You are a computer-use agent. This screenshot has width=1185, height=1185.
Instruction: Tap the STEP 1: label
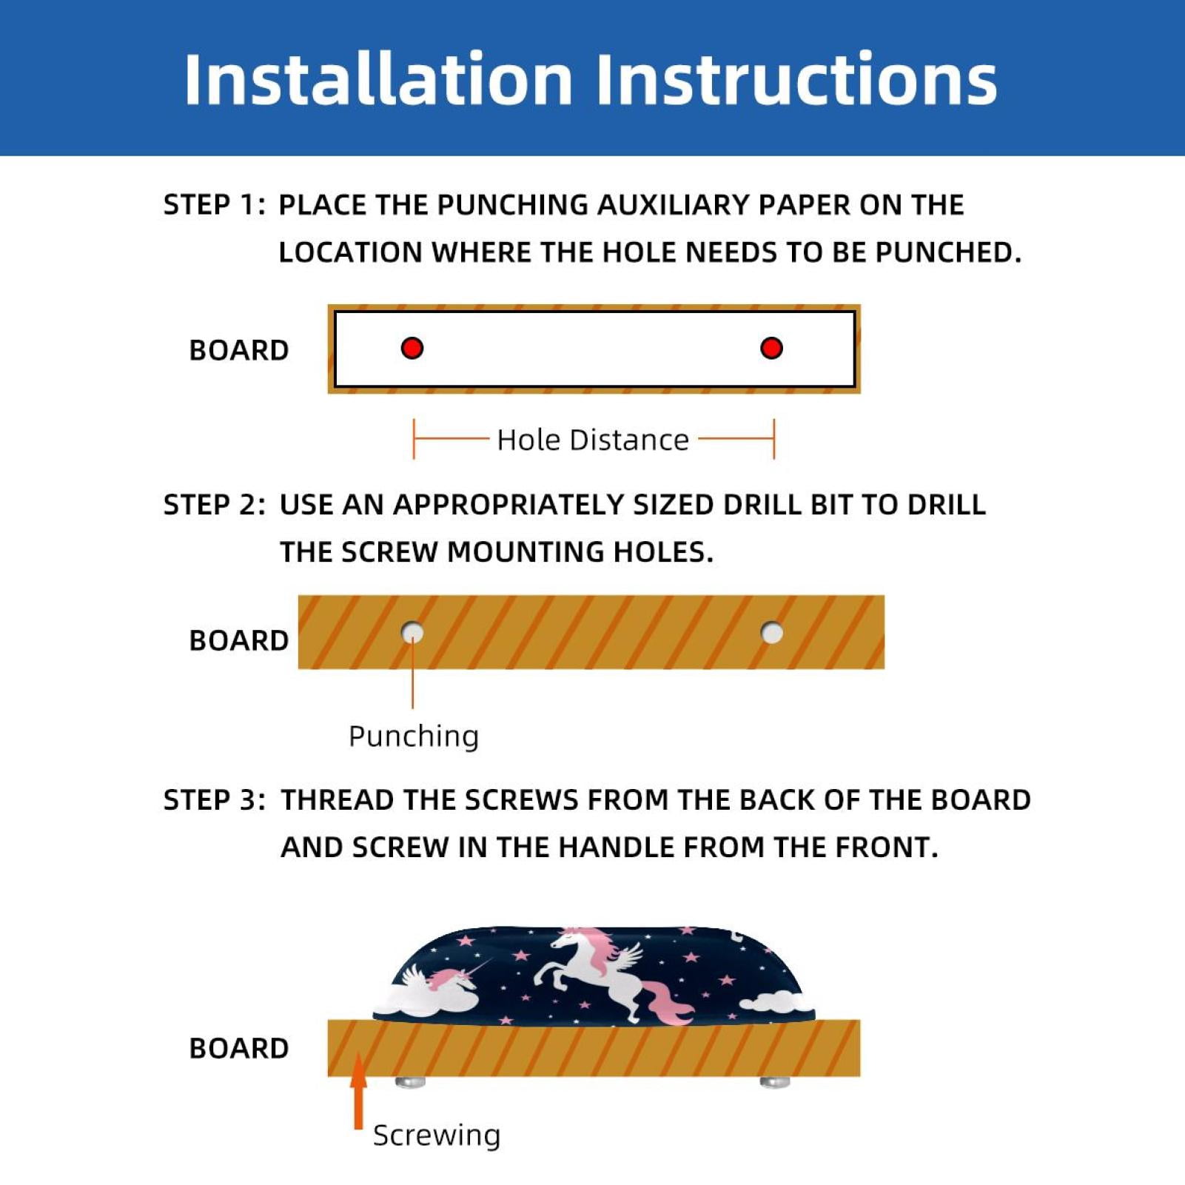tap(214, 205)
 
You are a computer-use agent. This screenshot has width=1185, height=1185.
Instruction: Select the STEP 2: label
tap(214, 505)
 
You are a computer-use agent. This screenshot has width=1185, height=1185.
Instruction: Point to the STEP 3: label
tap(214, 800)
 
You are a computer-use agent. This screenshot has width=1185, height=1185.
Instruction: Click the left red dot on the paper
tap(412, 348)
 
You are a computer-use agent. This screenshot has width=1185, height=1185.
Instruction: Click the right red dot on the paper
tap(771, 348)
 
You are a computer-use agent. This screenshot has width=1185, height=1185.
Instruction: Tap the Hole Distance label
tap(593, 440)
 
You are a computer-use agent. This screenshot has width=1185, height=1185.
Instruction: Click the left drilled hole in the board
tap(412, 633)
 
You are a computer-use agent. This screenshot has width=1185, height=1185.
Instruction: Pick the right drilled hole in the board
tap(772, 633)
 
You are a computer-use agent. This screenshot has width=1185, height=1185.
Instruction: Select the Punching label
tap(414, 736)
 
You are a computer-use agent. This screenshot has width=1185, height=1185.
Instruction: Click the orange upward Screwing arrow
tap(359, 1091)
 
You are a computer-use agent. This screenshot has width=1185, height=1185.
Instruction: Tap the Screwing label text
tap(437, 1135)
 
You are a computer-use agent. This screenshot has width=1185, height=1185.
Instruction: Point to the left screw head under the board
tap(410, 1082)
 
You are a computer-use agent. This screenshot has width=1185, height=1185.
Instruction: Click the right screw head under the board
tap(775, 1082)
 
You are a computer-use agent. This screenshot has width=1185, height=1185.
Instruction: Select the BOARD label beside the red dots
tap(239, 350)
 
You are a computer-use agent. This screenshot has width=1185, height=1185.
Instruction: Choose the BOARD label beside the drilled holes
tap(239, 640)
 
